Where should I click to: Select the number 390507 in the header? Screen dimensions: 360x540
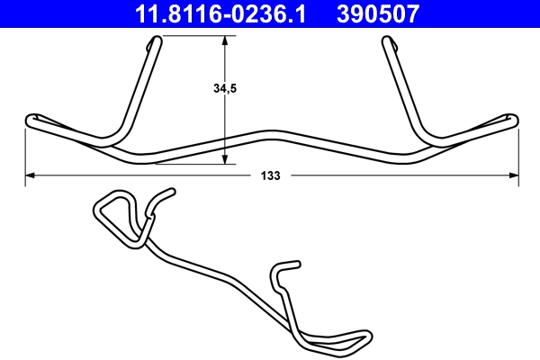(378, 13)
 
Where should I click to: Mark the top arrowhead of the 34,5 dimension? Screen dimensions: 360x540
(226, 40)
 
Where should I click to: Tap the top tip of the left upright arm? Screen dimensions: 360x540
(158, 39)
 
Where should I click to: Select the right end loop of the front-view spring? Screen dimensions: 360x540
(512, 120)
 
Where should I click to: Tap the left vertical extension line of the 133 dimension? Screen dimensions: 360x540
(24, 153)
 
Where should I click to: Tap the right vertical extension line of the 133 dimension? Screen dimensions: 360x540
(518, 153)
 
